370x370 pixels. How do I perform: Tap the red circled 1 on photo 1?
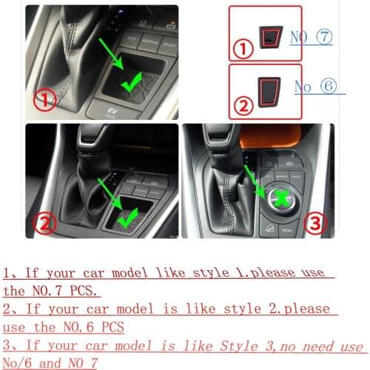tap(44, 99)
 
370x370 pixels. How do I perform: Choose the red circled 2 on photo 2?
tap(45, 221)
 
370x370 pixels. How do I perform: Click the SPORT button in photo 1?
tap(170, 43)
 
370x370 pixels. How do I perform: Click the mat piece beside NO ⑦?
tap(270, 33)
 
